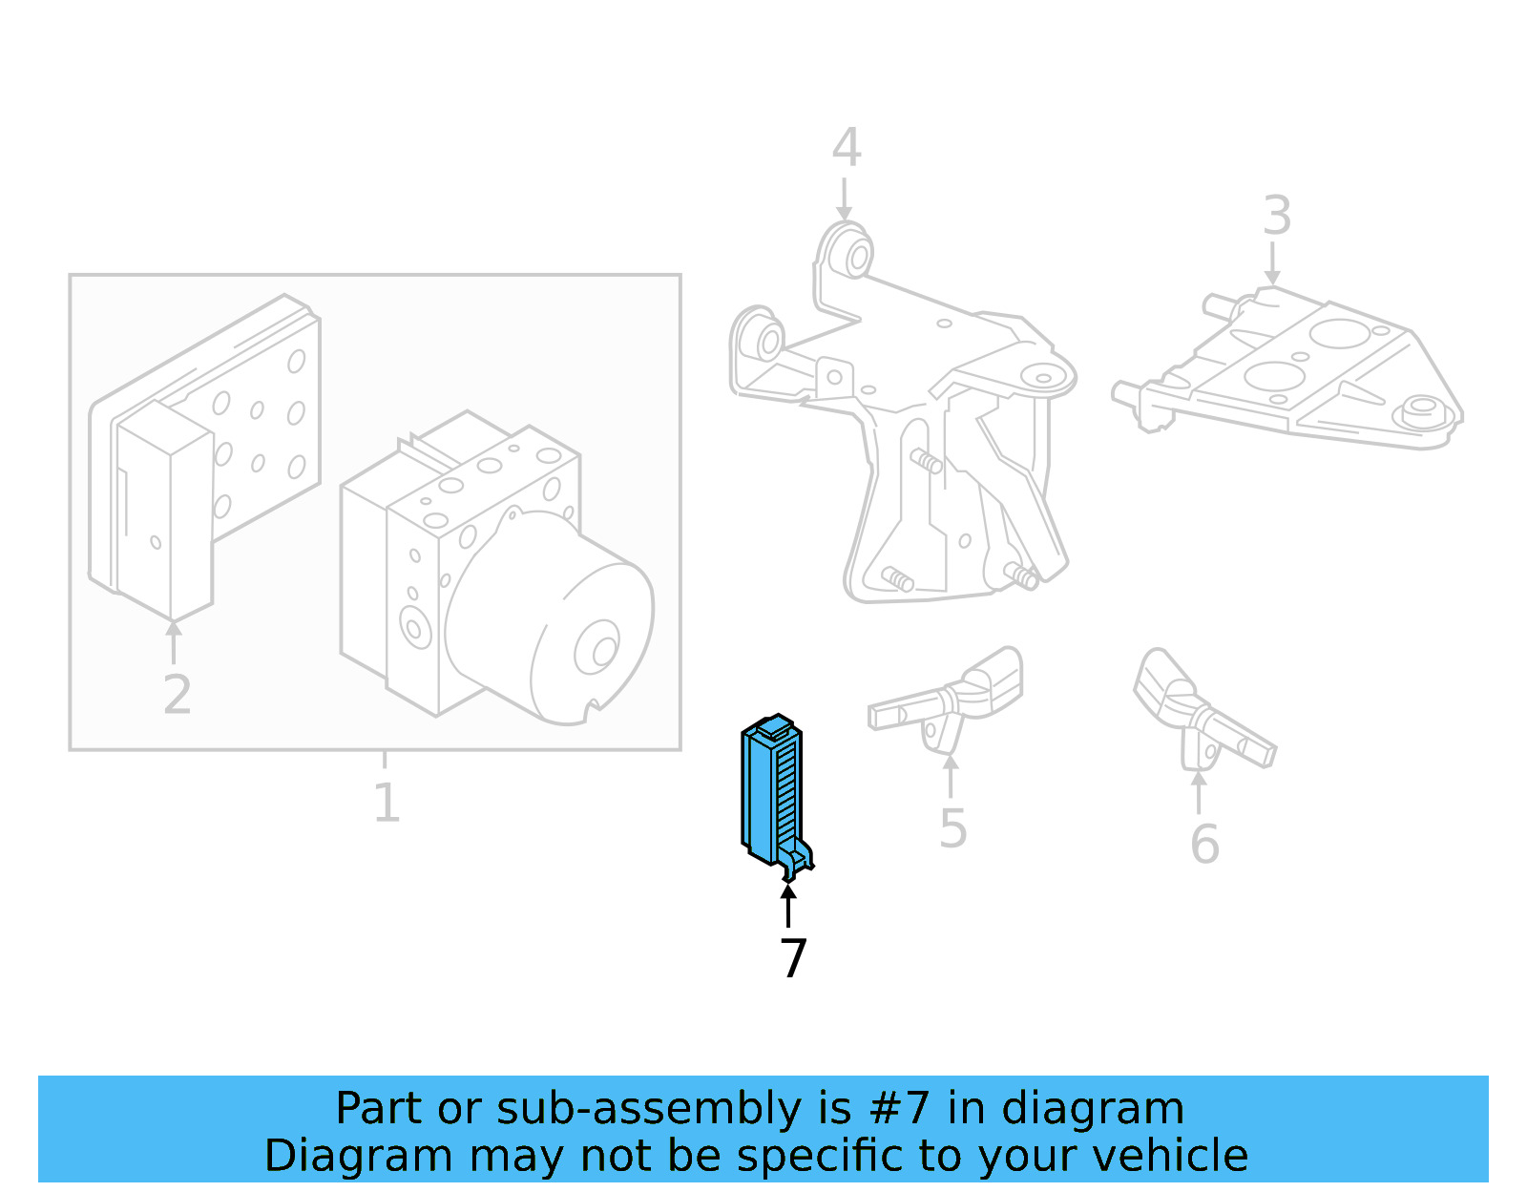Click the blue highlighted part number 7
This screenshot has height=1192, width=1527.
pyautogui.click(x=771, y=792)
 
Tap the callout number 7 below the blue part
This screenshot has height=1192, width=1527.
pyautogui.click(x=793, y=958)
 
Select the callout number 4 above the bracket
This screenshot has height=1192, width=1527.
pyautogui.click(x=846, y=148)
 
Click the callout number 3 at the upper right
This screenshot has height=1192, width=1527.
pyautogui.click(x=1276, y=216)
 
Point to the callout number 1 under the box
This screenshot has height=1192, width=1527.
pyautogui.click(x=386, y=803)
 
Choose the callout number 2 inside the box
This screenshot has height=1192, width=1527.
pyautogui.click(x=177, y=694)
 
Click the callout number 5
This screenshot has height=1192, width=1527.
pyautogui.click(x=952, y=827)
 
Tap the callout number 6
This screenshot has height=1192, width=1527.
pyautogui.click(x=1204, y=844)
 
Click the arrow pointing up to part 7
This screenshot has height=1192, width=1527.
pyautogui.click(x=788, y=906)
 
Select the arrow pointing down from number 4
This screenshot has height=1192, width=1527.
pyautogui.click(x=844, y=199)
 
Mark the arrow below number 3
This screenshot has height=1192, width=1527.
pyautogui.click(x=1272, y=263)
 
